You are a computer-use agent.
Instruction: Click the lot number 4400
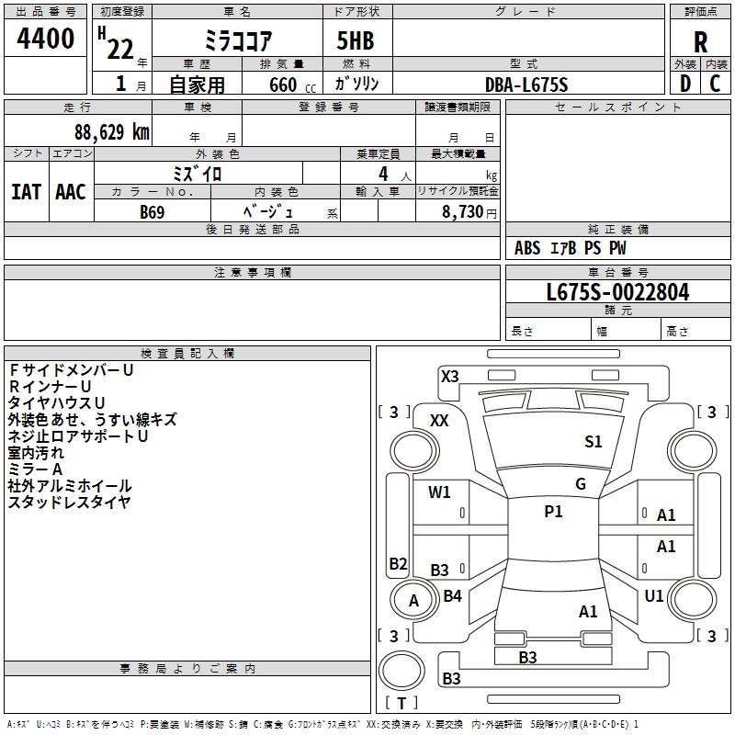point(46,40)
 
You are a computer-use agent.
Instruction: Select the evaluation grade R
point(700,42)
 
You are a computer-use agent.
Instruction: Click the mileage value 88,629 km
point(111,131)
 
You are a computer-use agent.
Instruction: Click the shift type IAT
point(26,191)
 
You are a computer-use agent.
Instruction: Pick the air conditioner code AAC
point(70,191)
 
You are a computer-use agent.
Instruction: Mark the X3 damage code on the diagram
point(450,376)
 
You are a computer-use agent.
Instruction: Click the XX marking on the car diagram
point(439,420)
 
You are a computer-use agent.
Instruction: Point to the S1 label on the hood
point(594,442)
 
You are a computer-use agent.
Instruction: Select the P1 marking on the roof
point(553,512)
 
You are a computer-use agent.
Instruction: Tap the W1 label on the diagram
point(440,492)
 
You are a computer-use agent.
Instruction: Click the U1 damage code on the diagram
point(654,596)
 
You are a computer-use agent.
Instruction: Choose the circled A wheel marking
point(413,601)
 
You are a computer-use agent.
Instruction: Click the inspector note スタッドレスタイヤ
point(70,502)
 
